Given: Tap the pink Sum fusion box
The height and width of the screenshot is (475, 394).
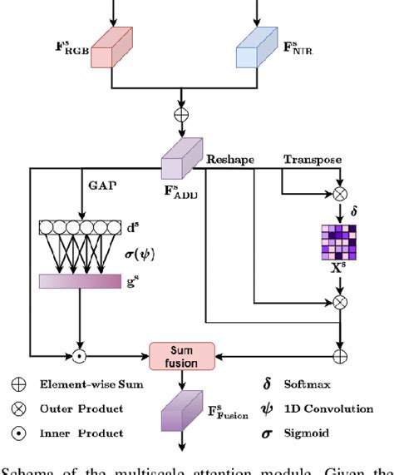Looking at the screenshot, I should [181, 357].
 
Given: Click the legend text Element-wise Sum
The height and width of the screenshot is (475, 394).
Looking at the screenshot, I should [95, 384].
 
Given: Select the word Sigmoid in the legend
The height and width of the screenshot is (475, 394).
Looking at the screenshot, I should [297, 433].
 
